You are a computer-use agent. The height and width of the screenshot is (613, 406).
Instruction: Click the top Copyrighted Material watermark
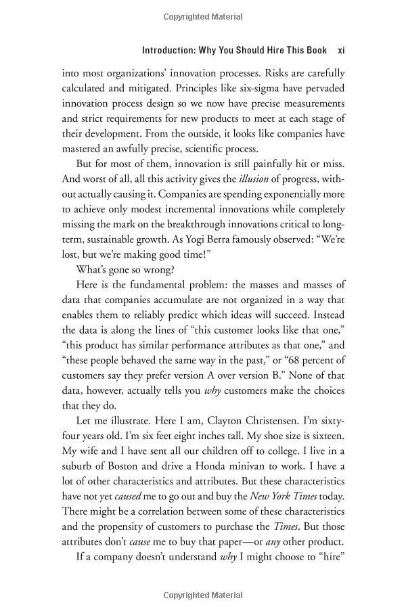(203, 14)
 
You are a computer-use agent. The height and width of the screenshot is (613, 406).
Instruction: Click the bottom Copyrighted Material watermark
(203, 595)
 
